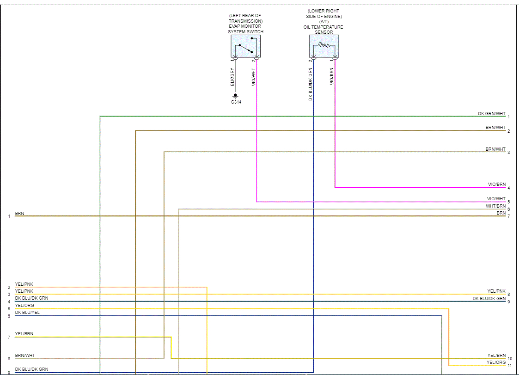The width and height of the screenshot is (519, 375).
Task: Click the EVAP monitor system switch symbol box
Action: click(x=245, y=46)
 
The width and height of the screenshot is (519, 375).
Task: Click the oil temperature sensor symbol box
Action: click(x=324, y=46)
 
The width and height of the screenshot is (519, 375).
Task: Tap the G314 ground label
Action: click(x=236, y=102)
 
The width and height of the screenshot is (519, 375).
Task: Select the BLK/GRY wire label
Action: click(x=232, y=77)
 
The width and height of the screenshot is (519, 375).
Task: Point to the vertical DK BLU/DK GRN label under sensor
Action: click(x=311, y=84)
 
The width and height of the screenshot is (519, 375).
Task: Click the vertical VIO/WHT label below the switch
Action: click(x=253, y=77)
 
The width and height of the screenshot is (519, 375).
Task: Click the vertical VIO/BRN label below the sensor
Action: click(x=332, y=77)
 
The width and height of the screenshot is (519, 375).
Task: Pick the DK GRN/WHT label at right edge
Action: click(x=492, y=114)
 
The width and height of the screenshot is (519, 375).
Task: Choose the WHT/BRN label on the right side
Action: click(x=495, y=206)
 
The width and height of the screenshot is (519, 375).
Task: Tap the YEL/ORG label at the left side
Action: click(x=24, y=306)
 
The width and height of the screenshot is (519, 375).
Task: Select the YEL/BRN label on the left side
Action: click(x=24, y=334)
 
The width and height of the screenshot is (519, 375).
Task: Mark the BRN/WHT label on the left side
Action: click(x=25, y=356)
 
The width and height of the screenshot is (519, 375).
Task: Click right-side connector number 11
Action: click(x=509, y=366)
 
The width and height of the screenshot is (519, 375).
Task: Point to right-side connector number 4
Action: click(x=508, y=188)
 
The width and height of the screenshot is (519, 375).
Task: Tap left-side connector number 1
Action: click(x=9, y=216)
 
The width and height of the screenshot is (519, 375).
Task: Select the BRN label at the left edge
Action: click(x=19, y=214)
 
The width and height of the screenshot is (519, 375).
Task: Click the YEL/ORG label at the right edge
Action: click(x=496, y=362)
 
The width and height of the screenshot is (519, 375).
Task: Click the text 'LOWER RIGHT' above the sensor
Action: click(x=325, y=11)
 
